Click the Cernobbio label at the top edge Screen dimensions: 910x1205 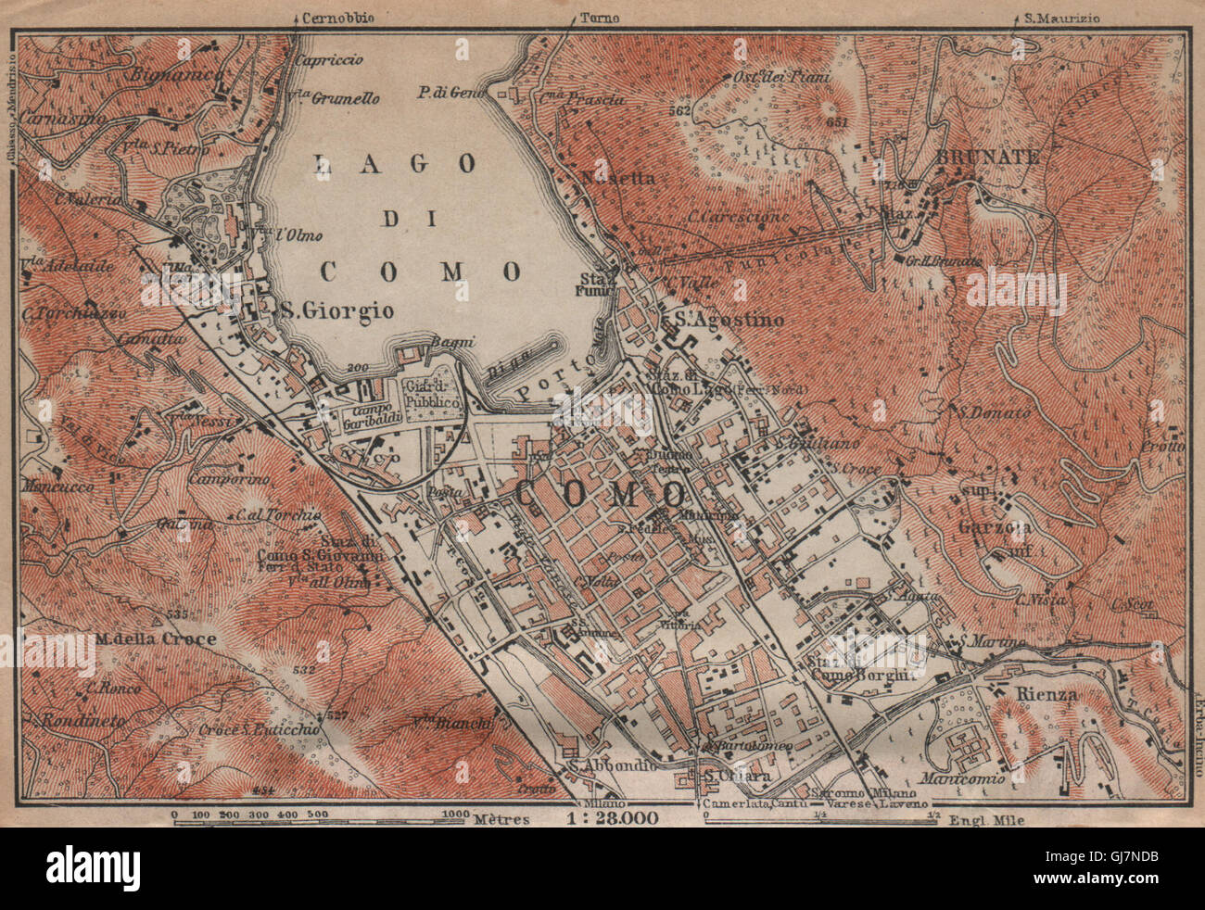326,17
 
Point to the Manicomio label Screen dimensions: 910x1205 962,779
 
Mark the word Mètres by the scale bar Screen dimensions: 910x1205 501,818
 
